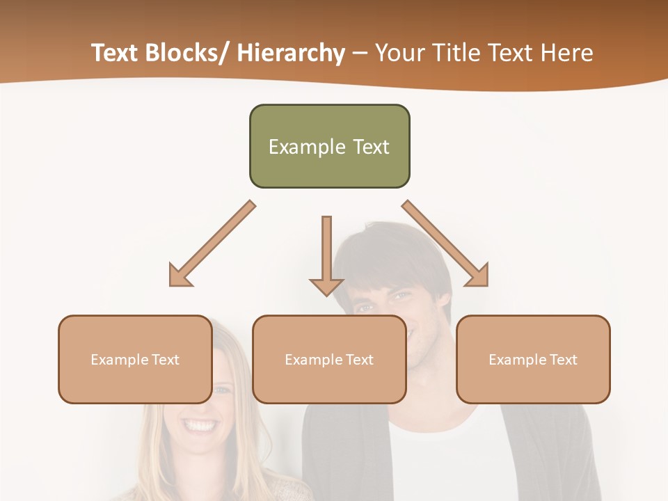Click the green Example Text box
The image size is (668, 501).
tap(329, 146)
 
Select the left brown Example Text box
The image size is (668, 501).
tap(135, 359)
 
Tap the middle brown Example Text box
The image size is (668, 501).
tap(329, 359)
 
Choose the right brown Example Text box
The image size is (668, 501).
tap(533, 359)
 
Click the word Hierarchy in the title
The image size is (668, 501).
tap(291, 53)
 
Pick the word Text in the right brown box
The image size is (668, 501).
tap(563, 359)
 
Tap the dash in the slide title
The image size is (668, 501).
tap(360, 53)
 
